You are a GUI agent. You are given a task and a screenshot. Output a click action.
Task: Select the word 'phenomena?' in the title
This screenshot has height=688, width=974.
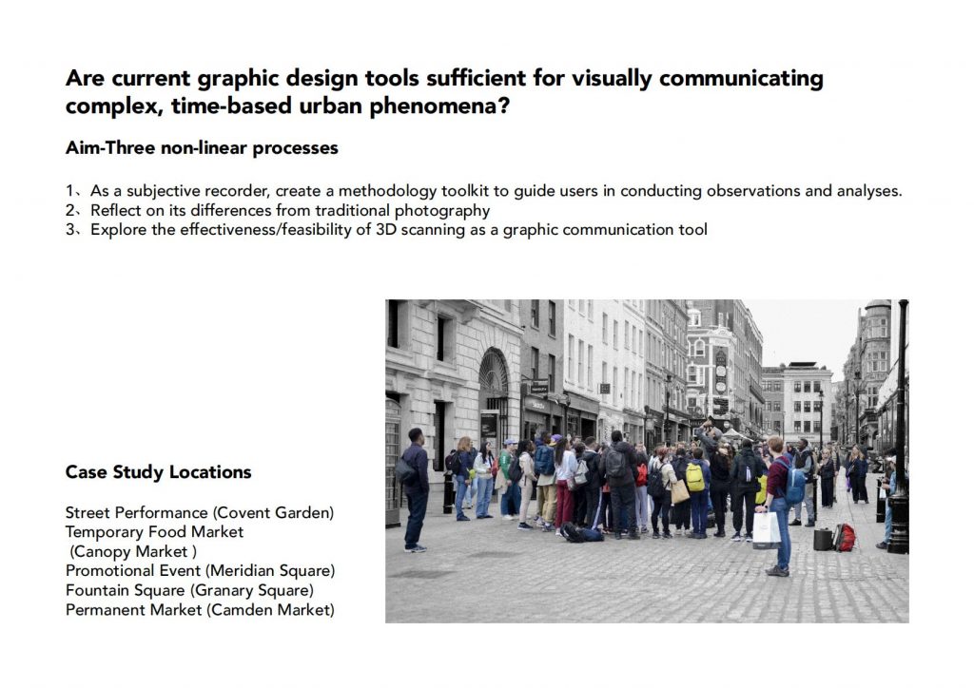point(439,106)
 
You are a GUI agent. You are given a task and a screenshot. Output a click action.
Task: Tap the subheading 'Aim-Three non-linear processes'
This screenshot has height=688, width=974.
point(202,147)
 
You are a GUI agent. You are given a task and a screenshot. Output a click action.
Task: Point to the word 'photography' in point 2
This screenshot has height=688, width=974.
point(442,211)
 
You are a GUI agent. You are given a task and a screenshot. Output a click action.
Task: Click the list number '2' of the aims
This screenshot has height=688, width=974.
point(69,210)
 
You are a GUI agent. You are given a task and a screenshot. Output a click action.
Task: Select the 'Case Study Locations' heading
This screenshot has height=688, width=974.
point(159,472)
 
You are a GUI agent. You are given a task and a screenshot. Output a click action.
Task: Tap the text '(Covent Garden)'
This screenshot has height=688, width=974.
point(273,512)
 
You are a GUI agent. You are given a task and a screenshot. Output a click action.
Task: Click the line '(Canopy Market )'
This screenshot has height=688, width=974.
point(133,551)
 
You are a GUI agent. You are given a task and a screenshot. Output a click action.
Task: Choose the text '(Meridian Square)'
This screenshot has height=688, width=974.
point(269,571)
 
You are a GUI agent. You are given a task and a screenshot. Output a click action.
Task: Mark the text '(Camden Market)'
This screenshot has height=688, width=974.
point(270,610)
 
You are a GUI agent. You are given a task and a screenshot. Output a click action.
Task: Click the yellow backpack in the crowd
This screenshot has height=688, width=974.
point(694,478)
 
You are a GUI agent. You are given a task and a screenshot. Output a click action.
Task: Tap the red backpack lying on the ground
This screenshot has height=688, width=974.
point(845,537)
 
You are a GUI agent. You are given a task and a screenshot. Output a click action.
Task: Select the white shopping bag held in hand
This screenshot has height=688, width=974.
point(766,528)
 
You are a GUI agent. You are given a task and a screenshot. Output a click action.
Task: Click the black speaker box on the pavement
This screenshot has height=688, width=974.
point(823,539)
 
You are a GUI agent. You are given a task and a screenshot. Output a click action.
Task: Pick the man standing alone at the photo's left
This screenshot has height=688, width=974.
point(416,489)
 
